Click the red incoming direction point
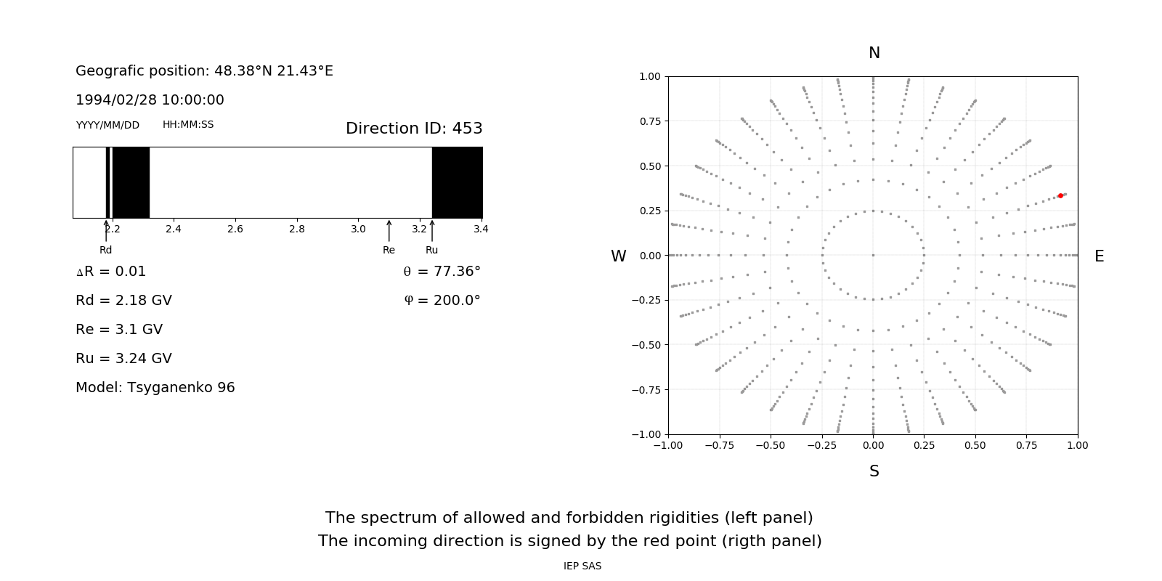[x=1060, y=196]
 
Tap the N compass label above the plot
[x=874, y=53]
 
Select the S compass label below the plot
[x=874, y=471]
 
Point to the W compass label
[x=619, y=256]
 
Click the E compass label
[x=1100, y=256]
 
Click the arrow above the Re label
[x=389, y=231]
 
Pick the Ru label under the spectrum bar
[x=432, y=251]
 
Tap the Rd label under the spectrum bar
[x=106, y=251]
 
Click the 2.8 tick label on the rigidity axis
[x=297, y=229]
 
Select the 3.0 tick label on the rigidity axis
[x=358, y=229]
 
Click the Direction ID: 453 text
[x=414, y=129]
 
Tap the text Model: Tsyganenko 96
[x=155, y=388]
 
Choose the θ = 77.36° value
[x=442, y=272]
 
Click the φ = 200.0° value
[x=442, y=301]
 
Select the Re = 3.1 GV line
[x=119, y=330]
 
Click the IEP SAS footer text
[x=582, y=566]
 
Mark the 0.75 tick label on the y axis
[x=650, y=121]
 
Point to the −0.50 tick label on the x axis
[x=771, y=445]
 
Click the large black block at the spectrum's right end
[x=458, y=182]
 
